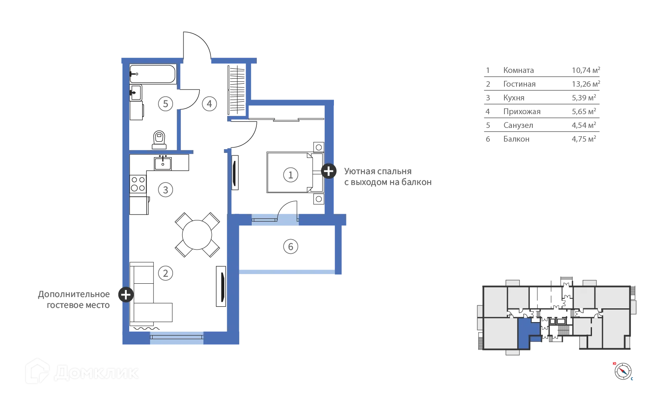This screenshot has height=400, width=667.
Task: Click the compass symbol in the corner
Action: [623, 370]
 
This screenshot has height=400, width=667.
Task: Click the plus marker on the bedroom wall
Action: [328, 171]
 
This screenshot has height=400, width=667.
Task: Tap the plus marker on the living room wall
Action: [125, 295]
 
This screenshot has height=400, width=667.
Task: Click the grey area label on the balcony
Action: [291, 247]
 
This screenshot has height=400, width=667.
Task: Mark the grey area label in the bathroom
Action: [165, 103]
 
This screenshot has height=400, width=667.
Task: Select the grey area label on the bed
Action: [291, 175]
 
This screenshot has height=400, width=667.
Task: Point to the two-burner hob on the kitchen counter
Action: [163, 162]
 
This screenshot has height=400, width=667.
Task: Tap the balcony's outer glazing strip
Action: [287, 272]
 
